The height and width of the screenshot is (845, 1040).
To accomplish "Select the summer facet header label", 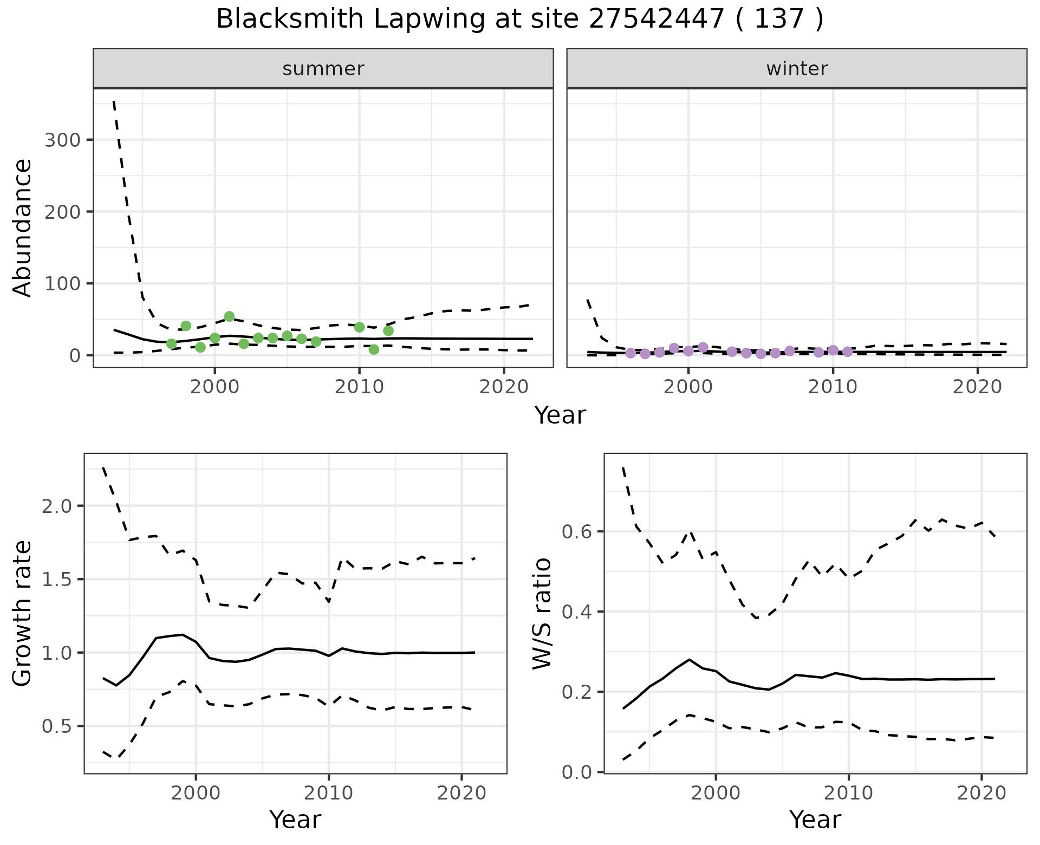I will (323, 69).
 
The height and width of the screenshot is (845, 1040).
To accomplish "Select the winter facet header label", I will (797, 69).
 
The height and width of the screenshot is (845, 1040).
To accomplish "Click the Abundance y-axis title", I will (22, 227).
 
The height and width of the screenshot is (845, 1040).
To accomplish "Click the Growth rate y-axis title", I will (22, 613).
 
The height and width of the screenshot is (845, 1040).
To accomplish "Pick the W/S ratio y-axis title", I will (542, 613).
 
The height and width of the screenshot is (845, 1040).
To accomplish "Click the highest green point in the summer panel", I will (229, 316).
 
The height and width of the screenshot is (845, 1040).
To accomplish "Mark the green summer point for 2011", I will (374, 349).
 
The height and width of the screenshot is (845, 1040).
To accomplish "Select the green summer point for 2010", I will (359, 327).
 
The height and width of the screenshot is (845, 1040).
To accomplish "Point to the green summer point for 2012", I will (388, 330).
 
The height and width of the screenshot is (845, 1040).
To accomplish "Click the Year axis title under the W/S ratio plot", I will (815, 820).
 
